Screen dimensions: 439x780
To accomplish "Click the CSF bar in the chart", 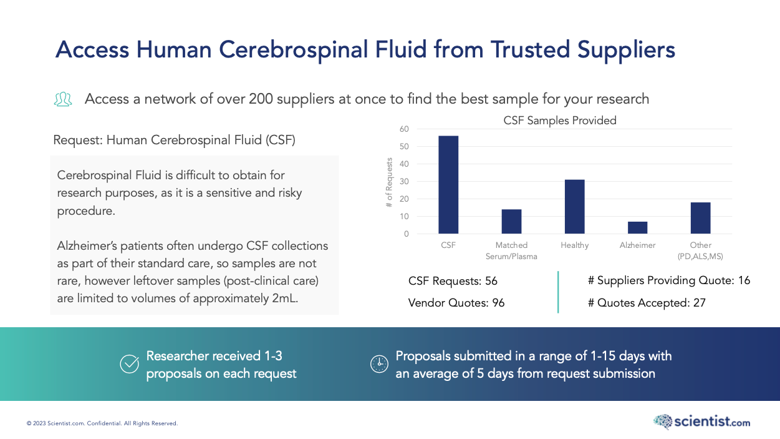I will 448,185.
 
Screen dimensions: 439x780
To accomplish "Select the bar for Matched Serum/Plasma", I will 511,222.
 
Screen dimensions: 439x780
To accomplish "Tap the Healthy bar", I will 574,207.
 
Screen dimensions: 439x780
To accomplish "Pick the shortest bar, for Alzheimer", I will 637,228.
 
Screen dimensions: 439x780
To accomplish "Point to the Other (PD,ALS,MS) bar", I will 700,218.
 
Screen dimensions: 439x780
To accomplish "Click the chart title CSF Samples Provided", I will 560,121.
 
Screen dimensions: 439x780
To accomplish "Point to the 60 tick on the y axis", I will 404,129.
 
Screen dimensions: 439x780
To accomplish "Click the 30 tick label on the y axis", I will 404,182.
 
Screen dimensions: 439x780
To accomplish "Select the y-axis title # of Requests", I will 389,182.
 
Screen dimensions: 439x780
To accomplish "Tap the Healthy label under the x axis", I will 574,245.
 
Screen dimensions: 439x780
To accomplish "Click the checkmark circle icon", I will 129,364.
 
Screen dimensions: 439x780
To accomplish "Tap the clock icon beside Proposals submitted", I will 379,364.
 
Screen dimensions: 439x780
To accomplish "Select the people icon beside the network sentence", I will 63,99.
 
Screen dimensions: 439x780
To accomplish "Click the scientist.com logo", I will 701,422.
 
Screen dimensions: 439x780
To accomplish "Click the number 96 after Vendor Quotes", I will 498,303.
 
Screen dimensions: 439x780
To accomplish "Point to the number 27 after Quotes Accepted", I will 699,303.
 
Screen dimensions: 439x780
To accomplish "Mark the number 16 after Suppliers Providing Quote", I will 744,281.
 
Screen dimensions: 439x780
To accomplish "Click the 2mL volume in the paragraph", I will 285,298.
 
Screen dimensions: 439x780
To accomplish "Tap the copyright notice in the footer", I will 102,423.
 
